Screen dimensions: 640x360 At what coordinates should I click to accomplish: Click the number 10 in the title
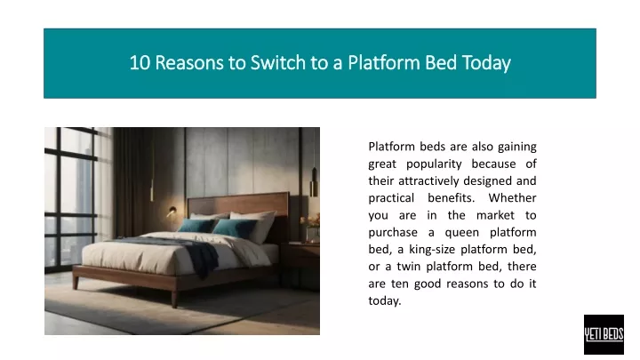pyautogui.click(x=140, y=63)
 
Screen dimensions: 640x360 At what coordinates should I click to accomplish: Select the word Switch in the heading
pyautogui.click(x=277, y=63)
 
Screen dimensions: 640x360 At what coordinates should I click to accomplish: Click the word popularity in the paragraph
pyautogui.click(x=434, y=164)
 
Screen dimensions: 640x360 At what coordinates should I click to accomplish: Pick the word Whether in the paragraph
pyautogui.click(x=512, y=198)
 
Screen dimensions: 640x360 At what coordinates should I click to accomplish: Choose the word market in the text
pyautogui.click(x=495, y=215)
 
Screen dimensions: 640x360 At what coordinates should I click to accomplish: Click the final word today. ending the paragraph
pyautogui.click(x=385, y=300)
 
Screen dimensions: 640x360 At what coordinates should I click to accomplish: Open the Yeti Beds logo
pyautogui.click(x=604, y=334)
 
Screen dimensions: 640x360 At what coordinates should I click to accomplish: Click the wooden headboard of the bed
pyautogui.click(x=238, y=204)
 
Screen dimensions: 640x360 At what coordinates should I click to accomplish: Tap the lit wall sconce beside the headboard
pyautogui.click(x=172, y=211)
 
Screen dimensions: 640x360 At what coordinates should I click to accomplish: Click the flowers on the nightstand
pyautogui.click(x=311, y=220)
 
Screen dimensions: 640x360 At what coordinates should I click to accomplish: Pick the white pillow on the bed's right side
pyautogui.click(x=255, y=225)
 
